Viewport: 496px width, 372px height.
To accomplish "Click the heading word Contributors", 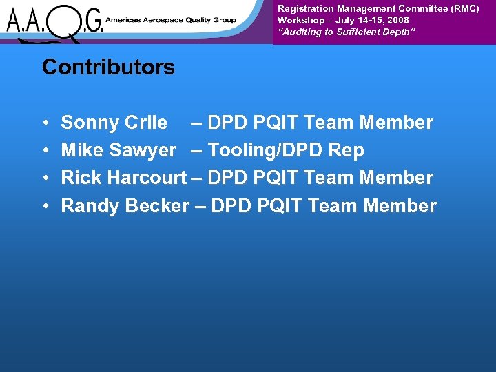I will pos(108,68).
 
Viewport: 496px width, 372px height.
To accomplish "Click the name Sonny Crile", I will pos(114,123).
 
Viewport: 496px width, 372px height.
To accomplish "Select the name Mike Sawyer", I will pos(118,150).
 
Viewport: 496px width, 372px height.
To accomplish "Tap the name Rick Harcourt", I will pos(123,178).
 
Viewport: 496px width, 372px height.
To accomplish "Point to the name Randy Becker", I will pos(124,206).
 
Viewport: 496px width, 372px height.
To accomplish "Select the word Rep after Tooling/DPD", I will pos(346,150).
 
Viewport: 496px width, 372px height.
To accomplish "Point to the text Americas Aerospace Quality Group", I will pos(170,20).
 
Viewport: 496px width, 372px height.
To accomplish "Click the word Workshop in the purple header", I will pos(300,21).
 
